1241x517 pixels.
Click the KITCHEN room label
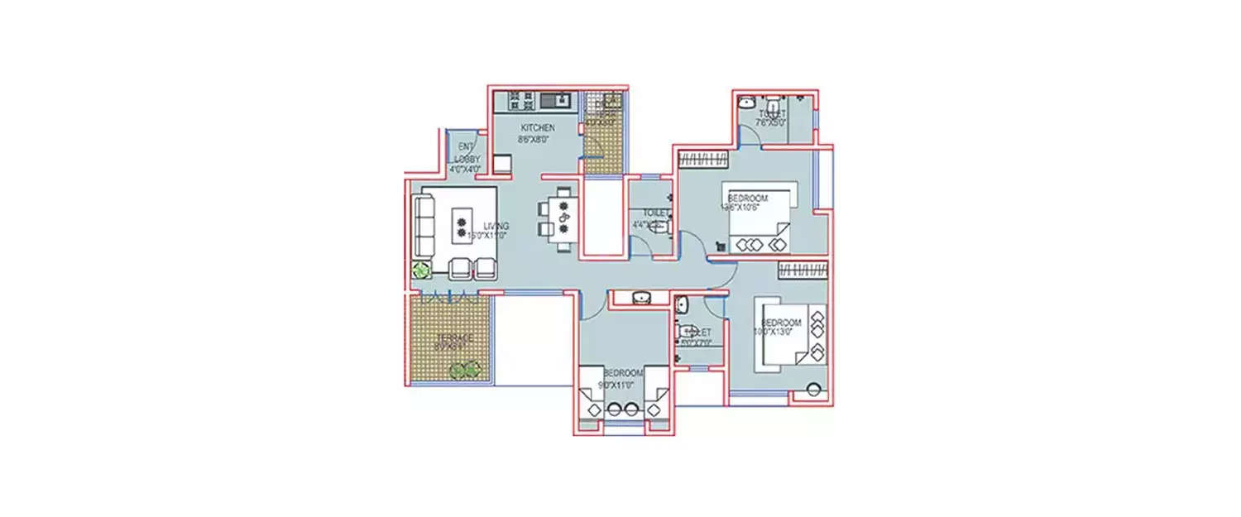coord(537,128)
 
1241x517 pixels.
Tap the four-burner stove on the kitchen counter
coord(520,101)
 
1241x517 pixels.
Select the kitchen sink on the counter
coord(555,101)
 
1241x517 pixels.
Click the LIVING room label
coord(496,226)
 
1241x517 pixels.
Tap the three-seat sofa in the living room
coord(424,226)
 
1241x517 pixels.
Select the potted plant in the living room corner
coord(422,269)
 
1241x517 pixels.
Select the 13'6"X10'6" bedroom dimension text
coord(748,208)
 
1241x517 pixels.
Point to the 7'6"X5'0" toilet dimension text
coord(770,122)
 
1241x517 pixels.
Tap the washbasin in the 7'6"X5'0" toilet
coord(746,103)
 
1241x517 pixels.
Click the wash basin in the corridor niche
coord(640,297)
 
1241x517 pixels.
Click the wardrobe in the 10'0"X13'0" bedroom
coord(803,270)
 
